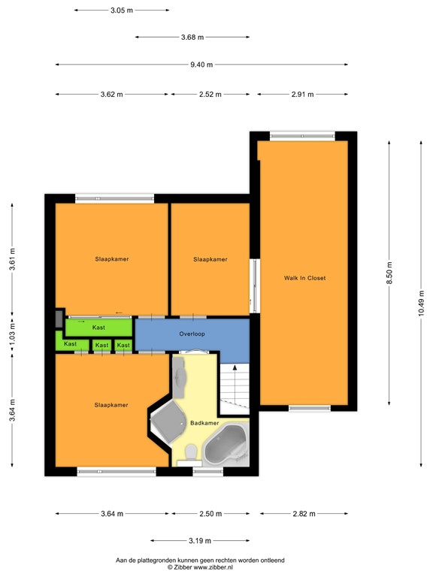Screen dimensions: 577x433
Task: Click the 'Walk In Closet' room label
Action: [304, 278]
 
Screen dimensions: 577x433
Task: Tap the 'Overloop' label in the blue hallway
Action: [192, 334]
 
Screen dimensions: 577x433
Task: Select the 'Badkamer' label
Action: [204, 423]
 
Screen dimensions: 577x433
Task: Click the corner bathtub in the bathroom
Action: [226, 446]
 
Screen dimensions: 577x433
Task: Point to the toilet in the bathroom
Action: [191, 453]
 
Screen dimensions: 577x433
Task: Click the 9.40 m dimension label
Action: [201, 65]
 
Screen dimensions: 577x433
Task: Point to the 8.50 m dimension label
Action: [389, 270]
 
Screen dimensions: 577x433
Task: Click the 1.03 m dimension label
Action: [11, 336]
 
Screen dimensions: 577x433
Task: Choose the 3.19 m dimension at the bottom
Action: [200, 540]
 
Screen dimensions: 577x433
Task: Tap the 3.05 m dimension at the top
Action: [122, 11]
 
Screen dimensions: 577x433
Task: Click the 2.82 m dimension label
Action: [304, 514]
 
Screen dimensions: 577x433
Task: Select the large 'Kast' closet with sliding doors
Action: [98, 328]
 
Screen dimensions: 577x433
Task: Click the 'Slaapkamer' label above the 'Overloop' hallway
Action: [210, 259]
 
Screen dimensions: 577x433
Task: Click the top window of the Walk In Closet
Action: [303, 136]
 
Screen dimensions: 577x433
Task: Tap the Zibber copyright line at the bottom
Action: [200, 568]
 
